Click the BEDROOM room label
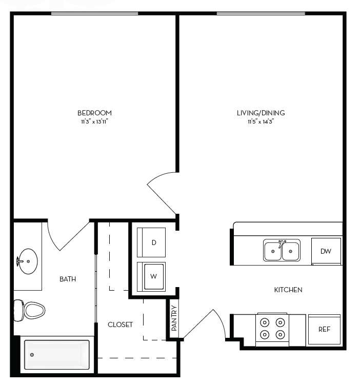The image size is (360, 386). [x=94, y=113]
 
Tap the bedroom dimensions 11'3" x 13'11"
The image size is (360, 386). [x=94, y=121]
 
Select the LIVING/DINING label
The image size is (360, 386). [x=261, y=113]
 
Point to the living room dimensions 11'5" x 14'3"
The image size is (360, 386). [x=261, y=121]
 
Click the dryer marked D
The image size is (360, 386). [x=151, y=242]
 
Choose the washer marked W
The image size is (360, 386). [x=152, y=276]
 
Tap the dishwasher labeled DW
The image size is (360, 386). [x=326, y=251]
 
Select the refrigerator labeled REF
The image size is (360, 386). [x=324, y=330]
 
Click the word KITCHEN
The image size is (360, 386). [x=288, y=290]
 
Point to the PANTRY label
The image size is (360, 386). [x=174, y=318]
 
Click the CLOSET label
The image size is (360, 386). [x=120, y=324]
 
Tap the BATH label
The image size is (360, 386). [x=68, y=279]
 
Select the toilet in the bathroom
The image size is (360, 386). [x=31, y=310]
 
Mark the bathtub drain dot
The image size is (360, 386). [x=32, y=354]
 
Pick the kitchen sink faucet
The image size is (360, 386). [x=281, y=242]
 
